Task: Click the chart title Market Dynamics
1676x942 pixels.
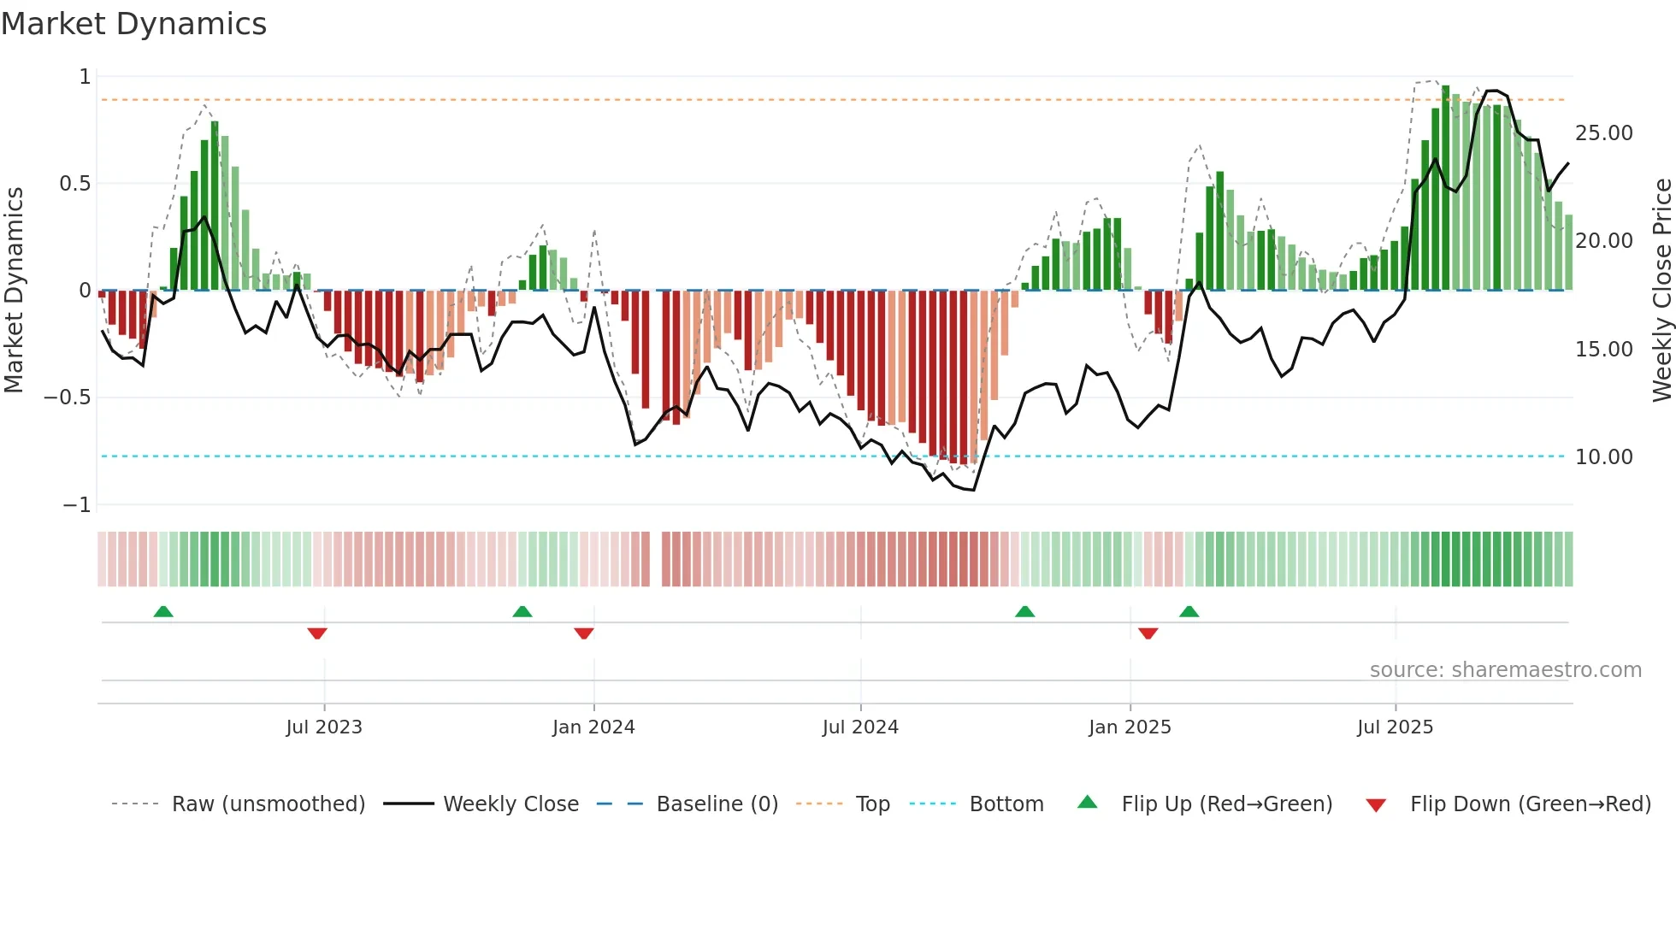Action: click(x=133, y=24)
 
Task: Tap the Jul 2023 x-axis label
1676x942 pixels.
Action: click(x=324, y=727)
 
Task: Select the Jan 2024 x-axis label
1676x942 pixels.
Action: click(x=593, y=727)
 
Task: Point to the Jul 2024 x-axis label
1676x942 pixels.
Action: click(x=860, y=727)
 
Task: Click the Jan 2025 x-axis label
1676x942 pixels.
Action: click(x=1130, y=727)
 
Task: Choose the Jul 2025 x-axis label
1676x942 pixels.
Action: click(x=1395, y=727)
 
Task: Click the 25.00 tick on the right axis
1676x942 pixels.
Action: click(x=1603, y=133)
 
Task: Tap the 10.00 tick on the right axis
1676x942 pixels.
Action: click(x=1603, y=457)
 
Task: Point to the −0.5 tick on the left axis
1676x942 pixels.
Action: click(x=67, y=397)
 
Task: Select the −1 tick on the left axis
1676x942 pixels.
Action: click(x=76, y=505)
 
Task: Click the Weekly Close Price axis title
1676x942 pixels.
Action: click(x=1661, y=291)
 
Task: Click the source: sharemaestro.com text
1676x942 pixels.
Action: click(x=1505, y=670)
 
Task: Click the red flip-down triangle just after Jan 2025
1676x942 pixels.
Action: click(x=1148, y=633)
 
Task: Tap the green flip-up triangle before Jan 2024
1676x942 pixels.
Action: click(x=522, y=611)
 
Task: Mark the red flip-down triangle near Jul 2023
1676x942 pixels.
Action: click(x=317, y=633)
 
